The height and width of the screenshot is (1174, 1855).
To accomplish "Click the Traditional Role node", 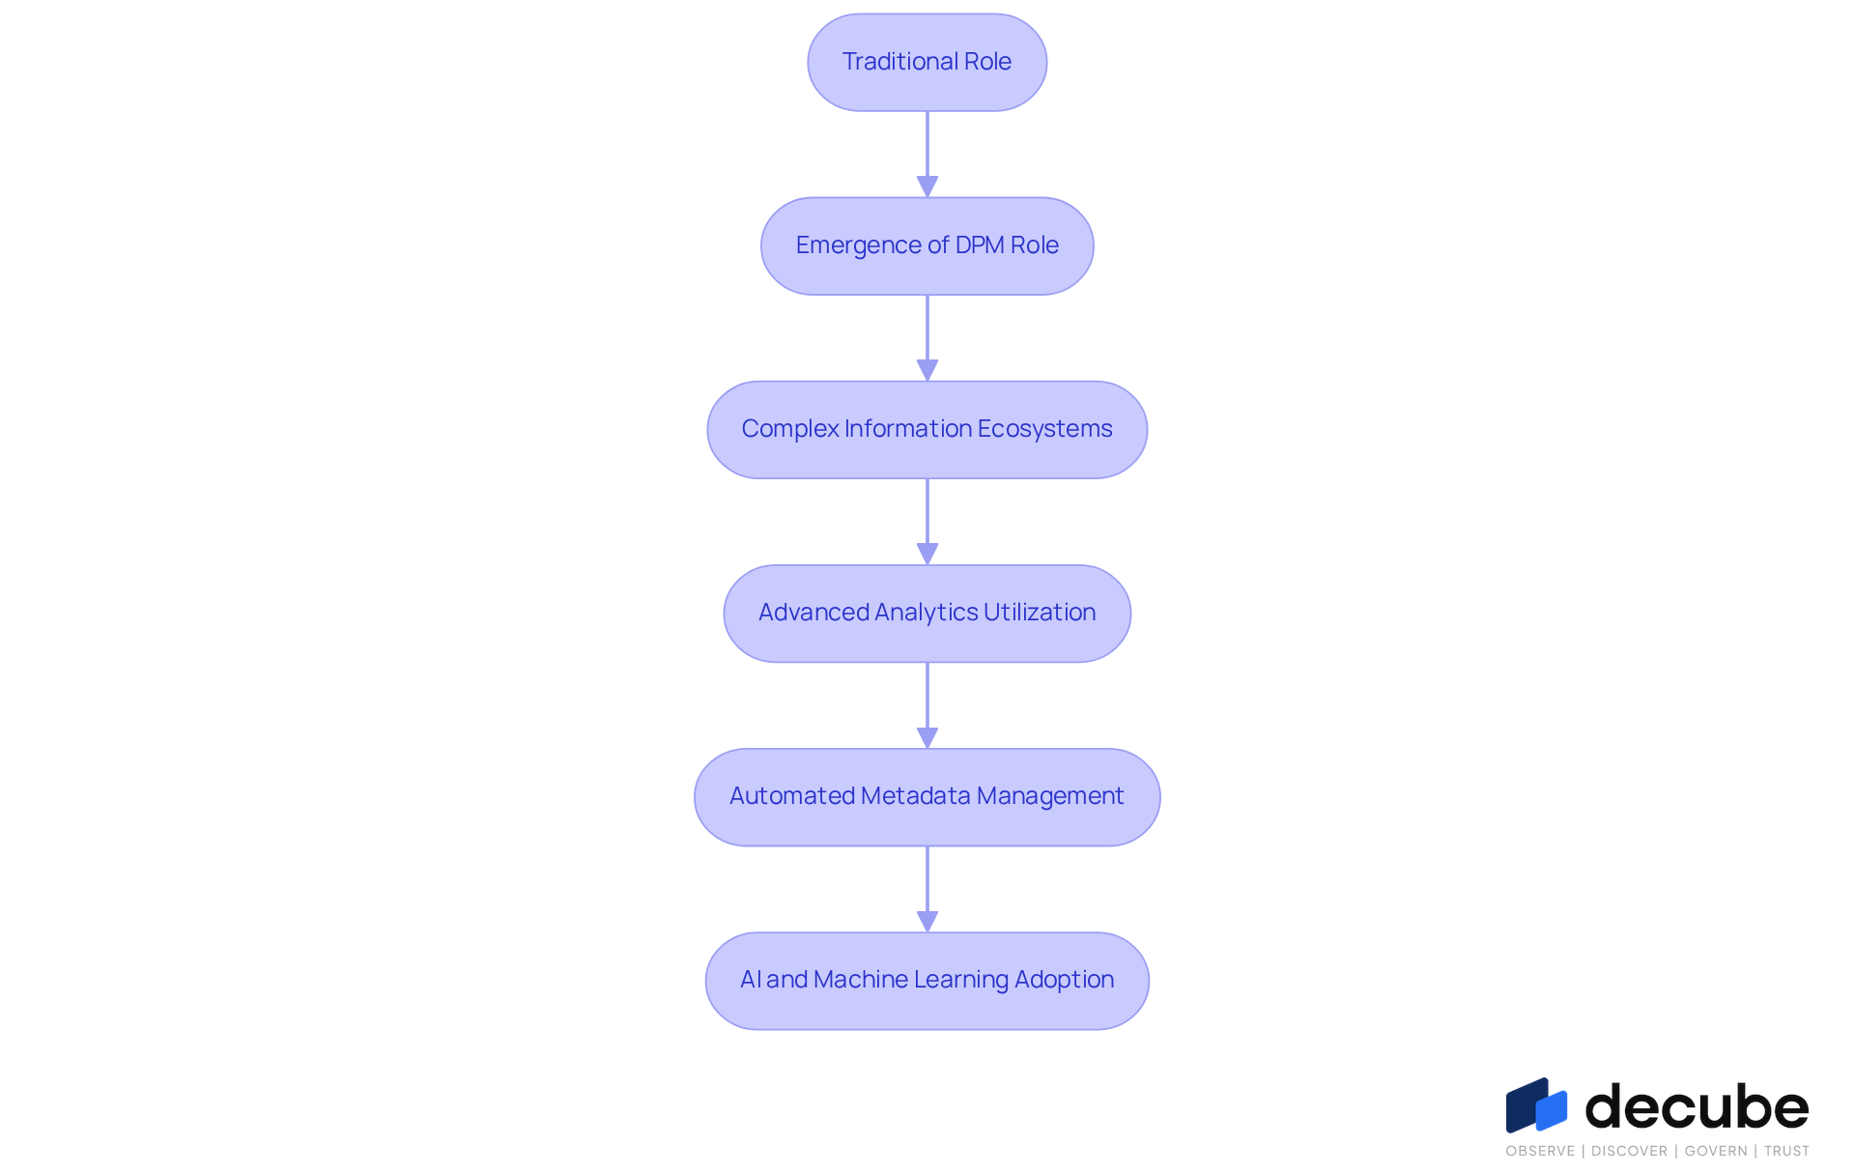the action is click(927, 62).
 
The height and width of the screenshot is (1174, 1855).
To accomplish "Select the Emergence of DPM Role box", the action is click(927, 245).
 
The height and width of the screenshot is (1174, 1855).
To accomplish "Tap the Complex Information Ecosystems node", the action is click(927, 429).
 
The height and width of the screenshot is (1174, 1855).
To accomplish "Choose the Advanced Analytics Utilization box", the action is click(927, 613).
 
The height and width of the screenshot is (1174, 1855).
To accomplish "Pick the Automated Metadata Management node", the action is click(927, 797).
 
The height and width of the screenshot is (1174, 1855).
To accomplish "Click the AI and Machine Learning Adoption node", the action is click(927, 981).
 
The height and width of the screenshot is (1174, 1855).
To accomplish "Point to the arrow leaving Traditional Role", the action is click(927, 155).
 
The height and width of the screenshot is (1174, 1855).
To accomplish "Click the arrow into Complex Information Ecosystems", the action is click(927, 338).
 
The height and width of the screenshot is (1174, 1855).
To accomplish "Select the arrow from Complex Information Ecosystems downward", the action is click(927, 522).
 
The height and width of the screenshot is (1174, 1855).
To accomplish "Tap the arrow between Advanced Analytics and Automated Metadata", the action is click(927, 705).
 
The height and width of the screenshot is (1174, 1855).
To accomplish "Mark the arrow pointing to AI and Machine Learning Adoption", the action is click(927, 889).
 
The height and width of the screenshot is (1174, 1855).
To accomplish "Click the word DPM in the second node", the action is click(980, 245).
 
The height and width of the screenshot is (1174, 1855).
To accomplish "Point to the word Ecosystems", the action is click(1044, 429).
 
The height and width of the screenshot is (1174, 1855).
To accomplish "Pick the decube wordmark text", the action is click(1697, 1105).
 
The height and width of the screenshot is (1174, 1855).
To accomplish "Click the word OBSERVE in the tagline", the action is click(1540, 1151).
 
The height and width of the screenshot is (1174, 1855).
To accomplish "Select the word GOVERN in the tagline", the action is click(1716, 1151).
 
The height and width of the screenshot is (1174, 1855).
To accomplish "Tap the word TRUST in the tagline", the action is click(1786, 1151).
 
